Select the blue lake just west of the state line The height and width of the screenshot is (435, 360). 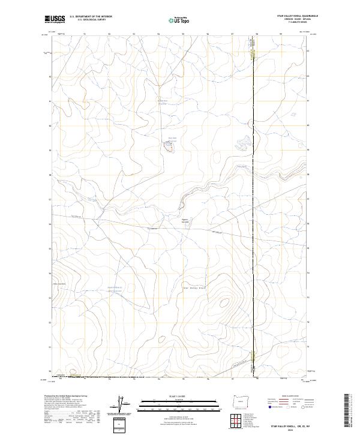tap(242, 143)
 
